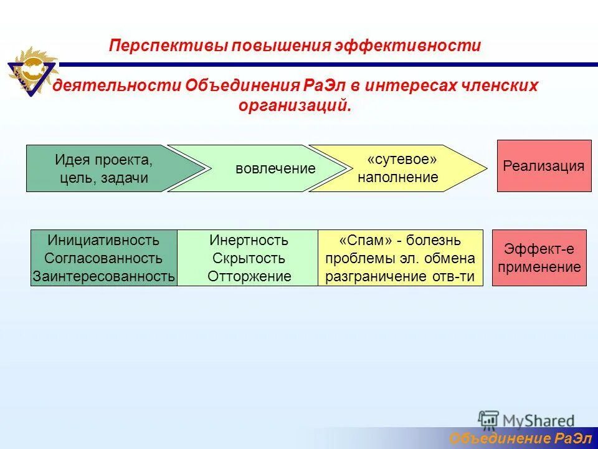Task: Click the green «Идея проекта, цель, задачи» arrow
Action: [x=103, y=168]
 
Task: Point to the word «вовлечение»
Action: [x=275, y=168]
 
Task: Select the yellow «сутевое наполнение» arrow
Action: [x=398, y=168]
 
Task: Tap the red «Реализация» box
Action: [x=544, y=166]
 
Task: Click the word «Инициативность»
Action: [x=103, y=240]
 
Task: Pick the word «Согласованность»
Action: [x=103, y=258]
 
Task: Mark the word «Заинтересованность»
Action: [x=103, y=276]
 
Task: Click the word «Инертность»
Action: [x=249, y=240]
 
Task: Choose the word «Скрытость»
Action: [x=249, y=258]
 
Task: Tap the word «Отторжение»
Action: [x=249, y=276]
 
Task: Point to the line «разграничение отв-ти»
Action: [x=400, y=276]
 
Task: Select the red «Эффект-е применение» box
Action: [x=539, y=258]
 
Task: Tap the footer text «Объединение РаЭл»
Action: [x=520, y=439]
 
